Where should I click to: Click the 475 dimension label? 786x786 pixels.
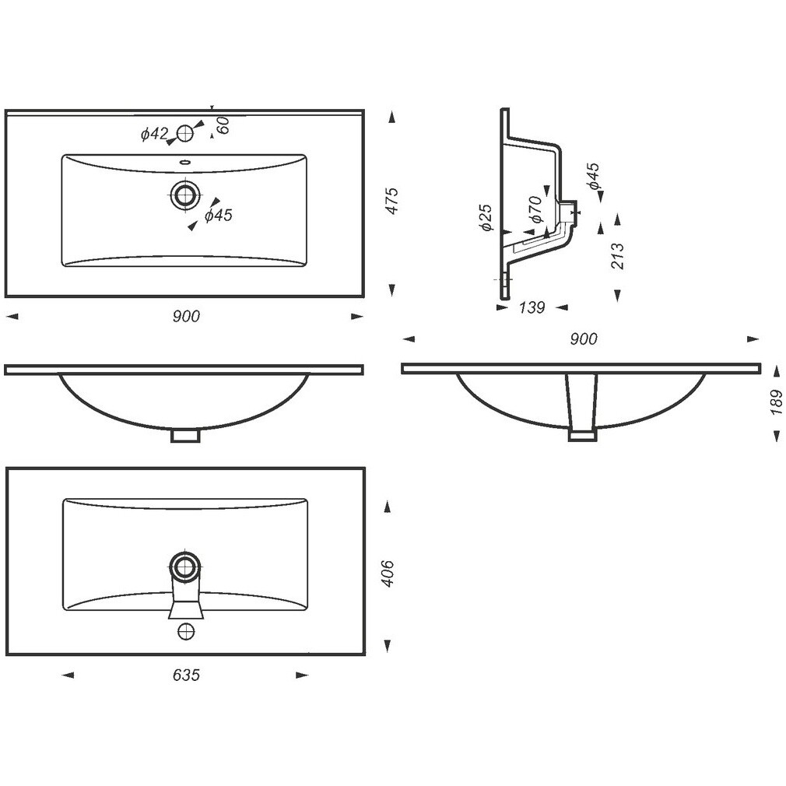point(393,201)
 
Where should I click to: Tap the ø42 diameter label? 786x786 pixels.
point(154,134)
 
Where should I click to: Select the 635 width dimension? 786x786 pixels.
point(186,675)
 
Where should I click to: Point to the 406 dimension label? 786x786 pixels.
point(388,574)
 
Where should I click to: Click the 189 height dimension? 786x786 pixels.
point(777,402)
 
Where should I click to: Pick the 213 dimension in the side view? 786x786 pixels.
point(618,256)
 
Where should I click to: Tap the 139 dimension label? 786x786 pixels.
point(532,307)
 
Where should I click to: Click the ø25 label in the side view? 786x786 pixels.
point(486,218)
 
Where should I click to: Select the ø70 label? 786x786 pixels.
point(535,209)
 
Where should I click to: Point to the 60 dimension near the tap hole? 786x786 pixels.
point(223,125)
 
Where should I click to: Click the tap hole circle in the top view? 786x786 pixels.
point(185,133)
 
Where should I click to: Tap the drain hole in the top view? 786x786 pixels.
point(185,195)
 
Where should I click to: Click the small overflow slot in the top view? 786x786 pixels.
point(185,162)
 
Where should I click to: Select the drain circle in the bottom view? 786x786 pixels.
point(185,567)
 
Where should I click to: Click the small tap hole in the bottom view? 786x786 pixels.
point(185,630)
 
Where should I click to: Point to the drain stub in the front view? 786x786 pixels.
point(185,435)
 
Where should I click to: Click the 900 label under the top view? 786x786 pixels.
point(186,316)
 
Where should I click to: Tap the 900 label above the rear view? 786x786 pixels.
point(584,339)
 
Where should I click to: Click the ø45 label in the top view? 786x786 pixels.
point(219,216)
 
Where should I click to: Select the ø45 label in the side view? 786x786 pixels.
point(594,176)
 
